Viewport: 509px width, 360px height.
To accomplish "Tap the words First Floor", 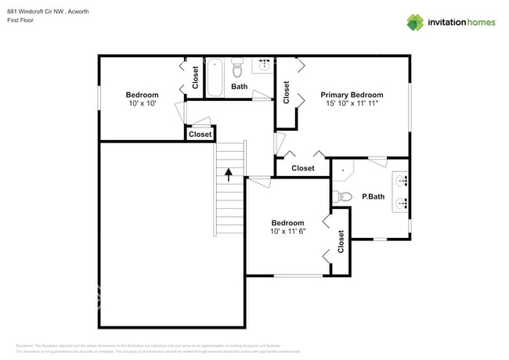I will pos(21,20).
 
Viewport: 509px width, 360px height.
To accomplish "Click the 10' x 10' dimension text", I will pos(142,104).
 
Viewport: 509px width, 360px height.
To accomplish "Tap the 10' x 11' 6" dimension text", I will pos(287,232).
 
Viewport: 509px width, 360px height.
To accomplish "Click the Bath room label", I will pos(239,87).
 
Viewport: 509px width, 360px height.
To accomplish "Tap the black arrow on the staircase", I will pos(229,174).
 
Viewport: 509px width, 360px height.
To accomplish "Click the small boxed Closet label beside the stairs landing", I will pos(200,135).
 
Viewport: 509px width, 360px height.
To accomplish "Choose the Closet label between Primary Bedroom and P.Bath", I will pos(302,168).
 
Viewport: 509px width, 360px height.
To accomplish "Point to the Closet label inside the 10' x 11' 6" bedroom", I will pos(341,242).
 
